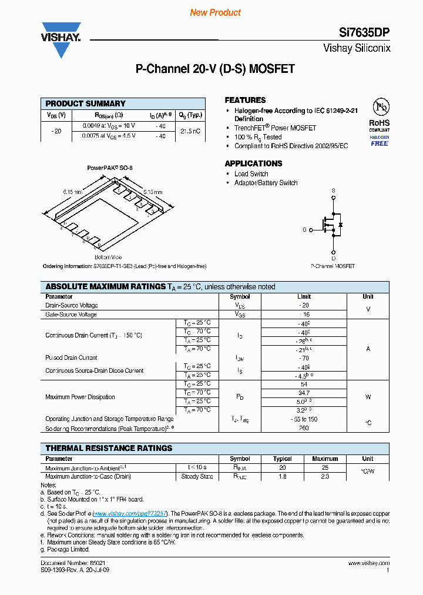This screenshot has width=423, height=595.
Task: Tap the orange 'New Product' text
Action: pyautogui.click(x=216, y=12)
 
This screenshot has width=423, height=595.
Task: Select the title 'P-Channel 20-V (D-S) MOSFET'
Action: pyautogui.click(x=215, y=69)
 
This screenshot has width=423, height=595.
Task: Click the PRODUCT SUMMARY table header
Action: pyautogui.click(x=86, y=103)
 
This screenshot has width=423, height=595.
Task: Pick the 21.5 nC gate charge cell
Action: pyautogui.click(x=190, y=131)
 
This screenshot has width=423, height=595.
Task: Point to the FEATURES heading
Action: pyautogui.click(x=245, y=100)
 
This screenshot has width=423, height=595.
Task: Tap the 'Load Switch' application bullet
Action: pyautogui.click(x=251, y=174)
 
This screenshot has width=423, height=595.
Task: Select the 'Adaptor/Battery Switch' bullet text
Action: pyautogui.click(x=266, y=183)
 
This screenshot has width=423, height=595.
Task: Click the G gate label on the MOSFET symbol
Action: pyautogui.click(x=304, y=230)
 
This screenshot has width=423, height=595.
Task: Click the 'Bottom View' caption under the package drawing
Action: pyautogui.click(x=108, y=258)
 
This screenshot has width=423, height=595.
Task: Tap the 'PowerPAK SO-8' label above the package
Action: pyautogui.click(x=110, y=168)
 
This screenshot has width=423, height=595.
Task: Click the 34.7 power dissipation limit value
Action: pyautogui.click(x=304, y=392)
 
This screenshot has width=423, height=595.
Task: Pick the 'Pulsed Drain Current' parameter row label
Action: pyautogui.click(x=71, y=357)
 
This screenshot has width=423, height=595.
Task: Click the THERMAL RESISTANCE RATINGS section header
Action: pyautogui.click(x=109, y=448)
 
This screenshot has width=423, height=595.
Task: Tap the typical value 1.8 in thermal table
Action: pyautogui.click(x=283, y=476)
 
